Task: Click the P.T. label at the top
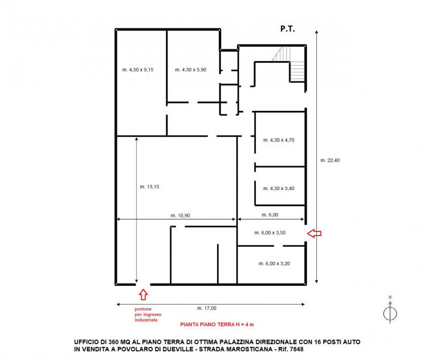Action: [287, 29]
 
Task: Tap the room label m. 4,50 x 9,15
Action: [138, 70]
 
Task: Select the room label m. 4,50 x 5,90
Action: [190, 70]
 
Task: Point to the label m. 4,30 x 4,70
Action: [279, 140]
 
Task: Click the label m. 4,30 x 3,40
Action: [279, 188]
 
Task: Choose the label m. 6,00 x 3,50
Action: [270, 233]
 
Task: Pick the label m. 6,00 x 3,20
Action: [274, 263]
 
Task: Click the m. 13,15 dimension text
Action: [149, 187]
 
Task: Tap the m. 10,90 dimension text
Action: [180, 216]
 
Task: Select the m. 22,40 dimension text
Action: [330, 160]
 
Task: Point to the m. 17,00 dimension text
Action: [207, 308]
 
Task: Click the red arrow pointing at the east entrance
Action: [314, 233]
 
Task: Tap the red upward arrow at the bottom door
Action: [143, 294]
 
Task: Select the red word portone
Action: [143, 309]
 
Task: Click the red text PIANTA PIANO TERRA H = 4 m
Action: [217, 324]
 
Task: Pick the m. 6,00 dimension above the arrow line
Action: [270, 215]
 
